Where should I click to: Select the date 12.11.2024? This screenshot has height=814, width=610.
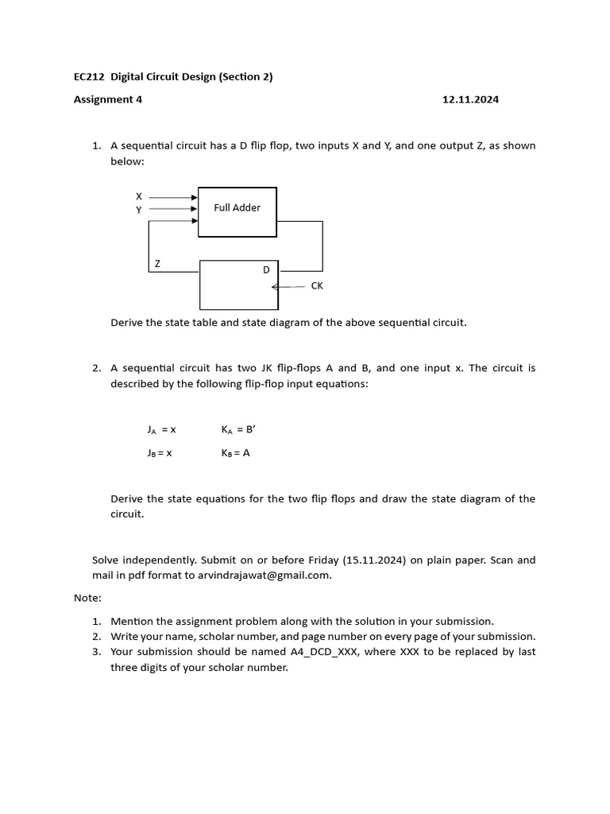(470, 99)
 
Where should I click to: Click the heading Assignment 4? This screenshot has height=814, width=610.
(108, 99)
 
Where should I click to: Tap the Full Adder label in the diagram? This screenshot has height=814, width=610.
(237, 207)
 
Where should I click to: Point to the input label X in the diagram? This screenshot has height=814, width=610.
(139, 196)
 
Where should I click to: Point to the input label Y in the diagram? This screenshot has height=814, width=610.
(139, 210)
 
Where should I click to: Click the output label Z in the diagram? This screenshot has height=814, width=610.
(157, 263)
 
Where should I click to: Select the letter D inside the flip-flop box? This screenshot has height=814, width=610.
(267, 270)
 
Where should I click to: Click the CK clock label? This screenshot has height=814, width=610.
(317, 285)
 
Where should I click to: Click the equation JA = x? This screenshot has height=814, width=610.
(161, 429)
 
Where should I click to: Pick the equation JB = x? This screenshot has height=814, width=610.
(160, 453)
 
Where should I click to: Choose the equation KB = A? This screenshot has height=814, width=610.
(236, 453)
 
